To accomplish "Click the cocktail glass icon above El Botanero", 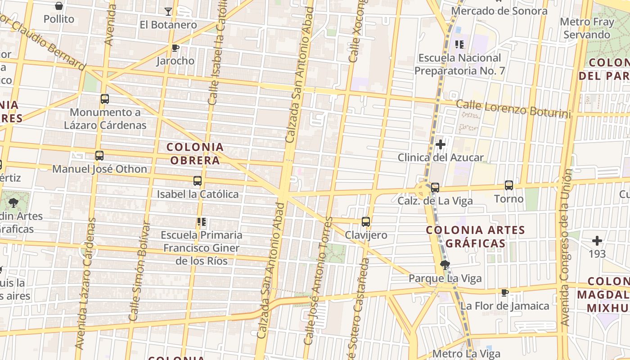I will click(x=168, y=11).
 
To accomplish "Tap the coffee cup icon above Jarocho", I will click(x=175, y=48).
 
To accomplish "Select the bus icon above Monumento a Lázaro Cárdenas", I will click(x=105, y=99).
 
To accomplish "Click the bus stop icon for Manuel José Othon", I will click(x=99, y=156).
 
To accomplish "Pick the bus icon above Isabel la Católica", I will click(x=198, y=181).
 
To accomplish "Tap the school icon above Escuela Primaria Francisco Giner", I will click(x=201, y=221).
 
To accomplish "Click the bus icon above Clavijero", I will click(x=366, y=221).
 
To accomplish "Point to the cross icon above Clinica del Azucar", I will click(x=441, y=144).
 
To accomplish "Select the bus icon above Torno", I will click(x=509, y=185).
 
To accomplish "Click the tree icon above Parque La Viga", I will click(x=445, y=265).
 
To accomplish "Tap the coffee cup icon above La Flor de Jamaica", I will click(x=505, y=293).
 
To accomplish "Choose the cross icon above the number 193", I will click(x=597, y=241).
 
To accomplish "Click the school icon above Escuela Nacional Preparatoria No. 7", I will click(x=459, y=44).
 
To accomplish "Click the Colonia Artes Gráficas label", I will click(x=475, y=237).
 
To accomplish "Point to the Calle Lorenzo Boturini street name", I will click(x=513, y=109).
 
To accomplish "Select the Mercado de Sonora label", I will click(x=499, y=11).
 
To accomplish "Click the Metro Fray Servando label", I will click(x=587, y=28).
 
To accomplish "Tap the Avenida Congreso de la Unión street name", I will click(x=567, y=247).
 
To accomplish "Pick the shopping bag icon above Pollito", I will click(x=59, y=6).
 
